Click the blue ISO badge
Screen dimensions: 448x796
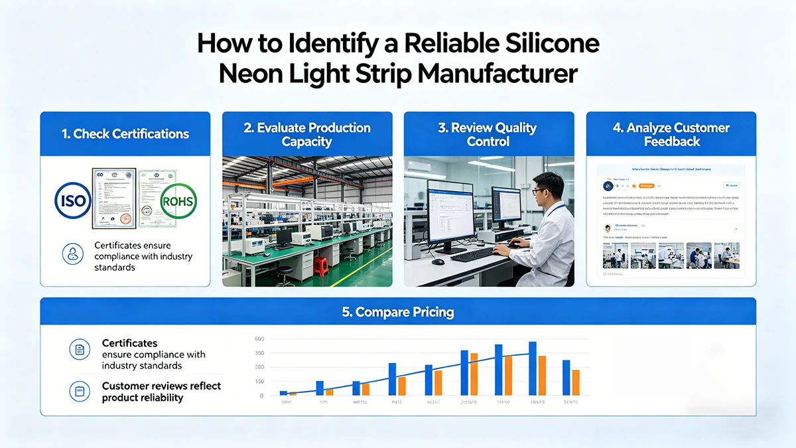click(72, 200)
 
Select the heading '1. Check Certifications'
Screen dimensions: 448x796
click(125, 134)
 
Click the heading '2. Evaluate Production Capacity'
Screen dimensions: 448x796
click(307, 134)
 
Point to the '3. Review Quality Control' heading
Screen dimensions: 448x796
click(488, 134)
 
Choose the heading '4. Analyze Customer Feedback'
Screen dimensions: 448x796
click(671, 134)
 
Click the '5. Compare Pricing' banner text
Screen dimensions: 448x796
click(398, 311)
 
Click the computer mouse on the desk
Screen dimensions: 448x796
click(438, 261)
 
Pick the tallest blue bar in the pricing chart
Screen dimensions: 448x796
click(532, 368)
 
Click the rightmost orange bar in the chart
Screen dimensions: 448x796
click(576, 382)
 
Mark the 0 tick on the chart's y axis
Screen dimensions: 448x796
click(261, 396)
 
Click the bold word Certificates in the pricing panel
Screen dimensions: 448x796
click(130, 343)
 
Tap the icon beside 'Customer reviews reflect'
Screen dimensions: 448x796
click(79, 392)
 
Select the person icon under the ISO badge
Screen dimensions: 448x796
click(72, 254)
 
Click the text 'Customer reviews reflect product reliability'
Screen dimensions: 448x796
click(161, 392)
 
